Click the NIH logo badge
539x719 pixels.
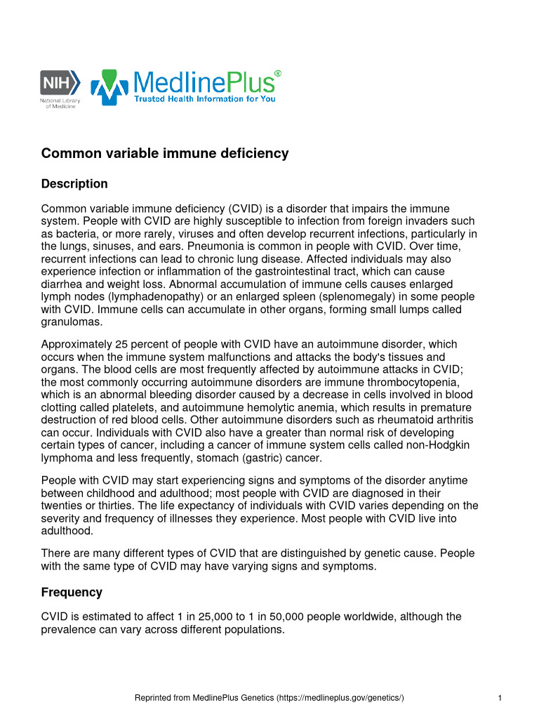[60, 82]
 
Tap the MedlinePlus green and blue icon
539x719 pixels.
[109, 87]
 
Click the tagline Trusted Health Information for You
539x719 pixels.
[205, 99]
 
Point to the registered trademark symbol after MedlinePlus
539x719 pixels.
[278, 73]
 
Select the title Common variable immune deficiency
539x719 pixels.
[165, 153]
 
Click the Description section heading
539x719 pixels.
[74, 184]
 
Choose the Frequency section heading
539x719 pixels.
[72, 592]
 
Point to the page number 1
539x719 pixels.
[498, 698]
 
